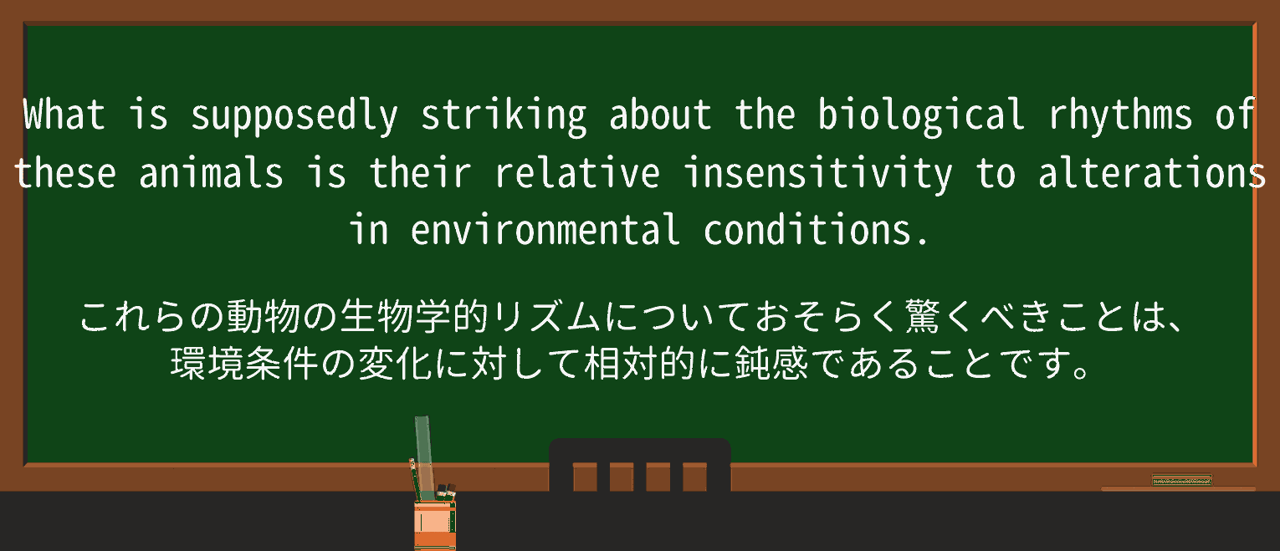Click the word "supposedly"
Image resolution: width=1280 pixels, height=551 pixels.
click(294, 117)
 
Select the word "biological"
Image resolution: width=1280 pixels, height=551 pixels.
click(921, 117)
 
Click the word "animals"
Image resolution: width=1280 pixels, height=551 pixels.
click(211, 172)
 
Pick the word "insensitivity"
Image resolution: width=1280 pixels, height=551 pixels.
click(817, 175)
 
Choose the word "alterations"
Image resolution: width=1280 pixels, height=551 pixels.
click(1151, 172)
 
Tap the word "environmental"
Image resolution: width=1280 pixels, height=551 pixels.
click(545, 230)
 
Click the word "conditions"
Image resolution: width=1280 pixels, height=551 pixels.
click(806, 230)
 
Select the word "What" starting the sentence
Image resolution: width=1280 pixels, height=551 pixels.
click(64, 115)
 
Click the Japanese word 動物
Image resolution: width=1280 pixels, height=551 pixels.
click(264, 316)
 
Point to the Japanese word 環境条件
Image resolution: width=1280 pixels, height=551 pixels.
click(244, 363)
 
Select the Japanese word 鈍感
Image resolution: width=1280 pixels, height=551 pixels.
click(771, 363)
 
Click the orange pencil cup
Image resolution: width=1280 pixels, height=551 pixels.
click(435, 525)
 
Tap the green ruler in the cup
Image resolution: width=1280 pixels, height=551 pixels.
click(423, 457)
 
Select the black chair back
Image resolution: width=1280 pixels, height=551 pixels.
click(639, 465)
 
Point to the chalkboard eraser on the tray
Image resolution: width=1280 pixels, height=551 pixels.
click(1182, 480)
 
